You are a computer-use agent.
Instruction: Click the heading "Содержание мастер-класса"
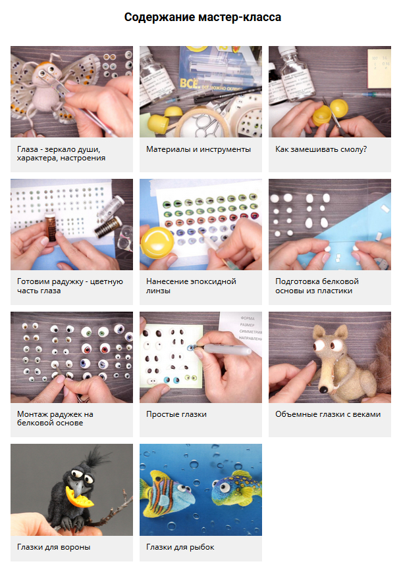click(202, 17)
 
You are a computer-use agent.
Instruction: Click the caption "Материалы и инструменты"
click(198, 149)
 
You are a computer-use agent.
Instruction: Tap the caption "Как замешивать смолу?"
click(321, 149)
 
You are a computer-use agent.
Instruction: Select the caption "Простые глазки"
click(176, 414)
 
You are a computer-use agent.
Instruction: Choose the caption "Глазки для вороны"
click(54, 547)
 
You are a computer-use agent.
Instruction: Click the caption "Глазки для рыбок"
click(180, 547)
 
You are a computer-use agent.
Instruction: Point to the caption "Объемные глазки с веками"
click(328, 414)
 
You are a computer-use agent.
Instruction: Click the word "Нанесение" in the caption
click(166, 281)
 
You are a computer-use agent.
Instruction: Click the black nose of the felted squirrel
click(323, 390)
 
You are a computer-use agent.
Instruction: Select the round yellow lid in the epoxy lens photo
click(157, 243)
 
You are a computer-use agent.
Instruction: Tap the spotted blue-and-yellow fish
click(236, 489)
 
